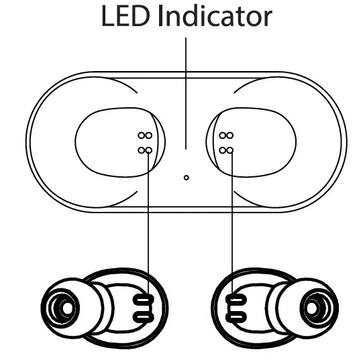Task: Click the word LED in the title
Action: (125, 16)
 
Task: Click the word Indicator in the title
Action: (215, 15)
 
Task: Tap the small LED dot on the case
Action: (187, 178)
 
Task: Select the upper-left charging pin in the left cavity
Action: (141, 135)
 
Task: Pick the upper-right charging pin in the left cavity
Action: (149, 135)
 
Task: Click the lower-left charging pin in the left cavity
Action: (141, 150)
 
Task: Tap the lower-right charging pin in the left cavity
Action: (149, 150)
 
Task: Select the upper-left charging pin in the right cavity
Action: (222, 135)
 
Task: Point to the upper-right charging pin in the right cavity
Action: (230, 135)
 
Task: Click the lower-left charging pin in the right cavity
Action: (222, 150)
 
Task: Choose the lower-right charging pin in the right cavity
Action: (230, 150)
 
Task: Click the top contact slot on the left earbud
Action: (144, 300)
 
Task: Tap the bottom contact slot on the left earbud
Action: (144, 317)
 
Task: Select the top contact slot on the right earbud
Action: (236, 300)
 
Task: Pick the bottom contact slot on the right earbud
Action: (236, 317)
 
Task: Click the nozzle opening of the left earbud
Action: (67, 308)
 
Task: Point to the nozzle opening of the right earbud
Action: (312, 308)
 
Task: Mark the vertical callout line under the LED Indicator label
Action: (186, 93)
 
